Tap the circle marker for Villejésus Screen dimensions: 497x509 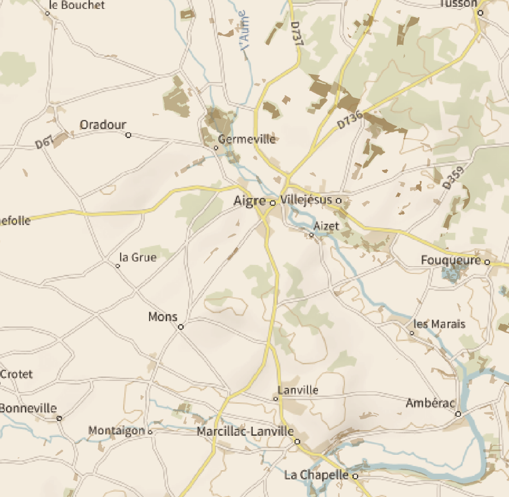coord(339,200)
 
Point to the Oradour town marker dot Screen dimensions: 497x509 coord(128,135)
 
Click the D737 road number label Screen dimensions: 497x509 coord(296,34)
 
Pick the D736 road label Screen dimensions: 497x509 coord(350,120)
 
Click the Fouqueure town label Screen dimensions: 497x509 coord(451,260)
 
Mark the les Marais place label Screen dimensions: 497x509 coord(440,324)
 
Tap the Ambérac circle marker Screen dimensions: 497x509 coord(458,414)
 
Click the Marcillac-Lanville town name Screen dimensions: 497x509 coord(245,432)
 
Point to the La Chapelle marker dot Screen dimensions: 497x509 coord(355,476)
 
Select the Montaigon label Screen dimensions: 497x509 coord(116,431)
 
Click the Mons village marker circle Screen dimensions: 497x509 coord(181,327)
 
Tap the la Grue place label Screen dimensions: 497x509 coord(138,258)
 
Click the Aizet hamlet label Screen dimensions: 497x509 coord(327,226)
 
